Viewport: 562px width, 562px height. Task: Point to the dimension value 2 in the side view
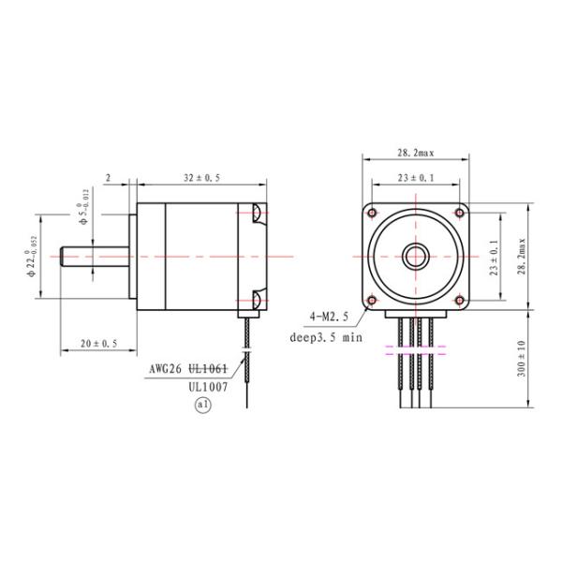click(109, 176)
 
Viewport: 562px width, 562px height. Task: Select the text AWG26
click(166, 368)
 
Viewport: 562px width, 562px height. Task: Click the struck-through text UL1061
click(210, 368)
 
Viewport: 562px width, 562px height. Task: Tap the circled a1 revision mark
click(201, 405)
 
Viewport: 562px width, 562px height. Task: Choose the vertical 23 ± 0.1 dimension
click(495, 255)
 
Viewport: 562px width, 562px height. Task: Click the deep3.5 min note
click(324, 337)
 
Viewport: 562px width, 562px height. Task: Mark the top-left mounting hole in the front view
click(372, 212)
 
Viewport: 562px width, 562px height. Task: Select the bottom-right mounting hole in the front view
click(458, 300)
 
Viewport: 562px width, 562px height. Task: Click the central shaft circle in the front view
click(415, 255)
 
